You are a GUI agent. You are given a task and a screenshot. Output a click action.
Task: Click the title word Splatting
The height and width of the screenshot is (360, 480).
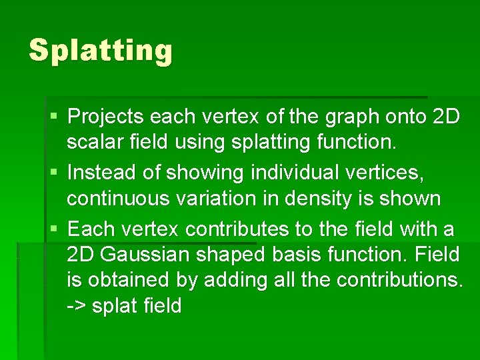point(101,51)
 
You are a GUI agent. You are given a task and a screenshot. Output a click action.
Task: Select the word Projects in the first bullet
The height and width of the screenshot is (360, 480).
point(107,117)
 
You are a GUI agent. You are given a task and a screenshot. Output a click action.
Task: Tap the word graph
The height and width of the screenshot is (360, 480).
point(352,117)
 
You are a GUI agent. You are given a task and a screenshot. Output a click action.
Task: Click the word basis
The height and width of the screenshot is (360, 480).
point(295,255)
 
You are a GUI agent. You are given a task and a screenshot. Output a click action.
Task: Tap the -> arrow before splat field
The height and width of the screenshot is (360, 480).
point(77,307)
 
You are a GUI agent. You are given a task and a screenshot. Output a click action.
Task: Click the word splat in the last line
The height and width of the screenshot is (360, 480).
point(113,307)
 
